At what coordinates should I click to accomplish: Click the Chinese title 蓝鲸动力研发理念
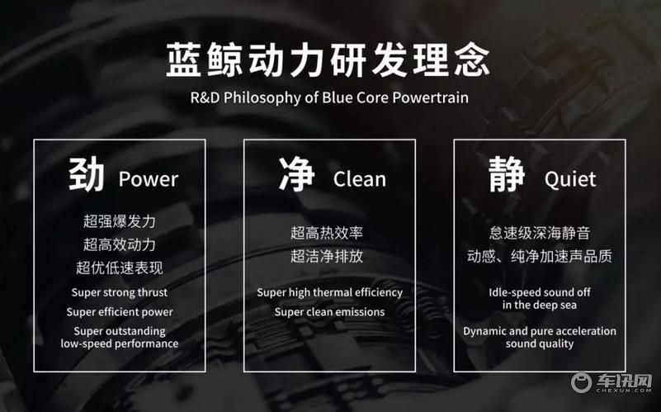328,60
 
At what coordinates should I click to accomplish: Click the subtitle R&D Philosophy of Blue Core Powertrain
329,97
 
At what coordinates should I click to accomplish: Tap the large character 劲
87,175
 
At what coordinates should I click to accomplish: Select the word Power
149,179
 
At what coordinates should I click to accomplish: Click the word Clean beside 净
360,179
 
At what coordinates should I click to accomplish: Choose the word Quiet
570,179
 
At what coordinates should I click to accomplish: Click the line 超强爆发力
120,221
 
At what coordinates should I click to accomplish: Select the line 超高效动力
120,244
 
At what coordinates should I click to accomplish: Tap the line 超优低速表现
120,268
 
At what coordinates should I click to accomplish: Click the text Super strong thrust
120,292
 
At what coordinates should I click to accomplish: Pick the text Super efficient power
120,312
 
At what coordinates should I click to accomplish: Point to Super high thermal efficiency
329,292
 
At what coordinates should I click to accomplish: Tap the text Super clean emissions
329,312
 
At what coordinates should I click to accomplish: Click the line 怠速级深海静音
540,233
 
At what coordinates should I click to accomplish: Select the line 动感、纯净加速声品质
540,256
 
